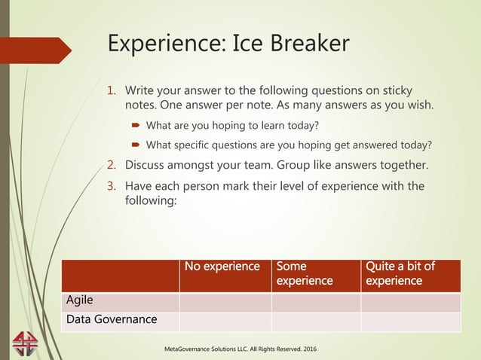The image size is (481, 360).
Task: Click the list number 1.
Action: [x=112, y=91]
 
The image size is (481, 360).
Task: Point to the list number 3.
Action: [x=112, y=185]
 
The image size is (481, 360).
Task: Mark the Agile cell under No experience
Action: [x=225, y=301]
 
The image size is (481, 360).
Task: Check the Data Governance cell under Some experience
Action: [x=315, y=321]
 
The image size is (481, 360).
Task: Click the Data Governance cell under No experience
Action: [x=225, y=321]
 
